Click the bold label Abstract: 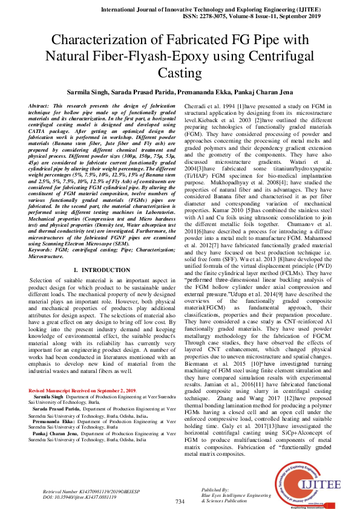click(x=40, y=106)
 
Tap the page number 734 click(x=180, y=502)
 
